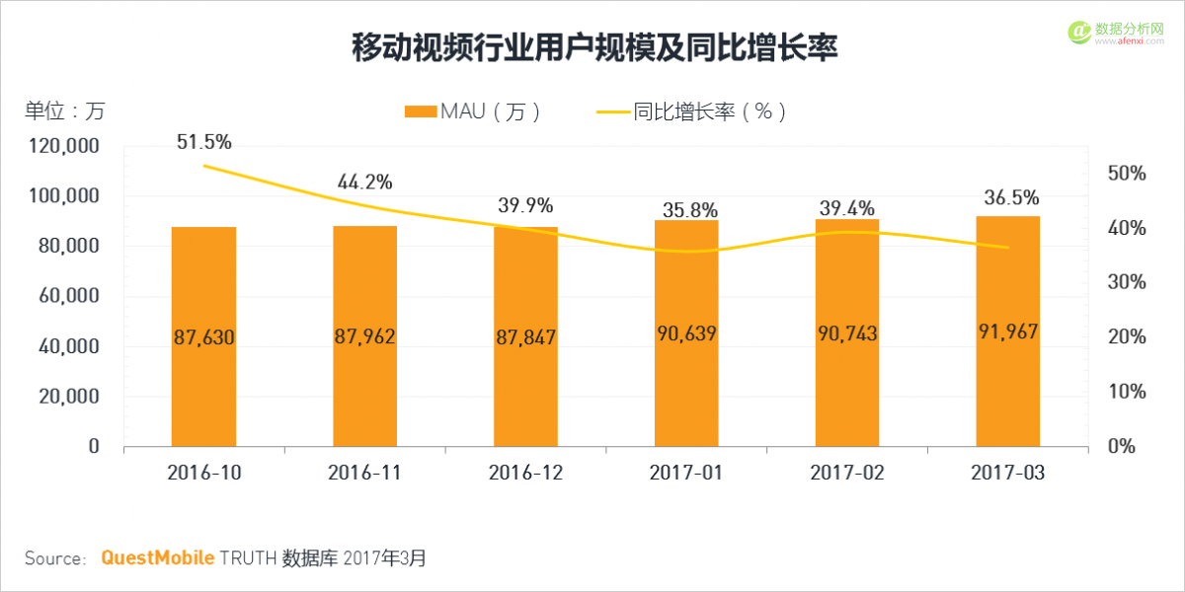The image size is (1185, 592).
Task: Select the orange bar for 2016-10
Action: click(x=203, y=335)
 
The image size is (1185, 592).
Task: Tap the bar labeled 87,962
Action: click(x=364, y=335)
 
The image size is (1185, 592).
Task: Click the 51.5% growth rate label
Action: click(x=204, y=142)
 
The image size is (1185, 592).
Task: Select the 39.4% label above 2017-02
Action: click(x=847, y=207)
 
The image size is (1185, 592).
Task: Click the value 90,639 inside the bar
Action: click(x=686, y=333)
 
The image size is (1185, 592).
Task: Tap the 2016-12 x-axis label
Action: click(x=525, y=473)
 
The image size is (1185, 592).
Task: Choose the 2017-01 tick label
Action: click(x=686, y=473)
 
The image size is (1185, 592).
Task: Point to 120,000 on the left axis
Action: click(x=64, y=147)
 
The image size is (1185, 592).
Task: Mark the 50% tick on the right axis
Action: click(x=1126, y=174)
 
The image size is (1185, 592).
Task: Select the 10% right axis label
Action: click(x=1126, y=392)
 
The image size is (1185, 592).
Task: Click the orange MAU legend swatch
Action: click(x=421, y=111)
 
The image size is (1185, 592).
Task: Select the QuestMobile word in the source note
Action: click(x=158, y=558)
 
